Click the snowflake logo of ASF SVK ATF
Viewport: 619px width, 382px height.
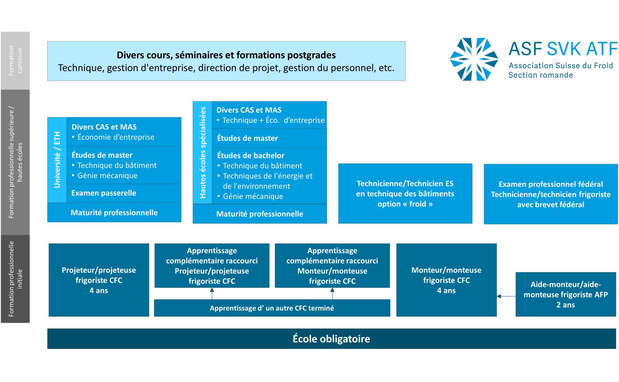(474, 59)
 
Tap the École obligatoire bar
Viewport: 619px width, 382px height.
(331, 338)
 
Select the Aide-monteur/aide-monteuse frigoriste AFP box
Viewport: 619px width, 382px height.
(565, 294)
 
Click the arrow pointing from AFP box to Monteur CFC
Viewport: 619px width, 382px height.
(506, 296)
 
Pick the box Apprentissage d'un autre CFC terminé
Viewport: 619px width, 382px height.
(272, 308)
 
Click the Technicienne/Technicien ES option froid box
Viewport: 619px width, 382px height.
(405, 194)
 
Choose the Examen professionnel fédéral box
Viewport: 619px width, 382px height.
(551, 194)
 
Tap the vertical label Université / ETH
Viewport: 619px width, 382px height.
(57, 160)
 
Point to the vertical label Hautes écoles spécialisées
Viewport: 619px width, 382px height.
(202, 152)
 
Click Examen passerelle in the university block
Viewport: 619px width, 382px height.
(103, 193)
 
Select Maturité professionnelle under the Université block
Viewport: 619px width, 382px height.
(114, 213)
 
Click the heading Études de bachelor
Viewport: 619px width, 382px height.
(251, 156)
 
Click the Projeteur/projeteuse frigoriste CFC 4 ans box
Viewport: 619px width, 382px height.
(99, 280)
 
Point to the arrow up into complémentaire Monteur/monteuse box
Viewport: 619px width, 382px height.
(332, 294)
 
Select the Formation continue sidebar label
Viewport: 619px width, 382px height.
(15, 61)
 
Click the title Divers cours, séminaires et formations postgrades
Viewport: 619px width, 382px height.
(226, 55)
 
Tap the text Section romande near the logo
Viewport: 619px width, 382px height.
(541, 75)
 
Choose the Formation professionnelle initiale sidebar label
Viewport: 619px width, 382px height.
(15, 279)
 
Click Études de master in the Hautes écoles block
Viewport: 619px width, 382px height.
(247, 138)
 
